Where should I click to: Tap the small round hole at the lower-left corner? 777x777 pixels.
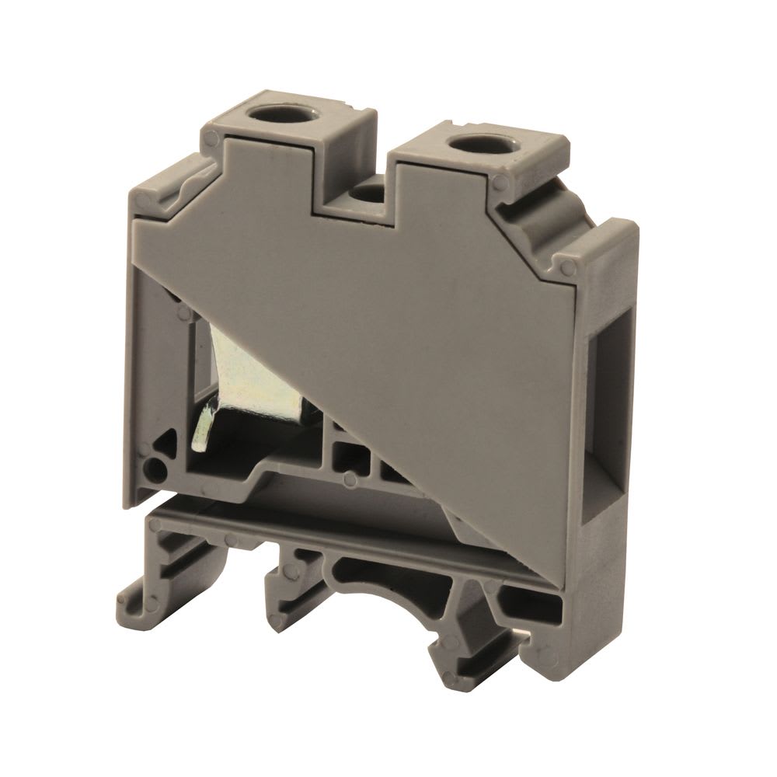[x=155, y=469]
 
